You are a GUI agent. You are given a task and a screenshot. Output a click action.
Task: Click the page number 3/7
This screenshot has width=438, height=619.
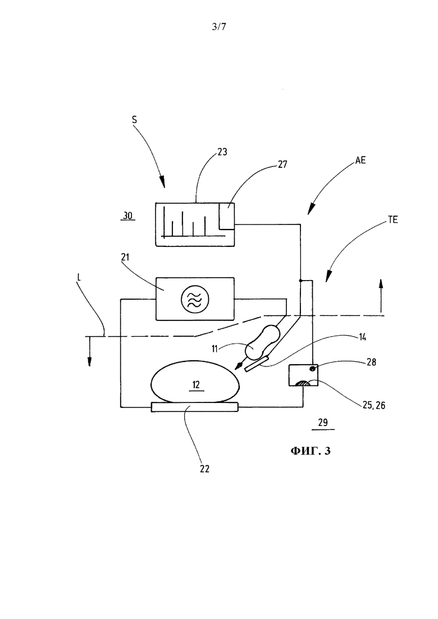pyautogui.click(x=219, y=26)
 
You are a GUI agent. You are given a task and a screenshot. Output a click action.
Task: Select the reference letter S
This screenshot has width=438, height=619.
pyautogui.click(x=134, y=119)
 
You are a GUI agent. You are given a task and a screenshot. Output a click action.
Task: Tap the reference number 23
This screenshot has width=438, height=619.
pyautogui.click(x=222, y=152)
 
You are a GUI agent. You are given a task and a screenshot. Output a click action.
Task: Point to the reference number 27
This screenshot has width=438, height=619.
pyautogui.click(x=282, y=164)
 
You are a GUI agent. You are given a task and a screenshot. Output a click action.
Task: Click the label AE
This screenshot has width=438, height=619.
pyautogui.click(x=361, y=160)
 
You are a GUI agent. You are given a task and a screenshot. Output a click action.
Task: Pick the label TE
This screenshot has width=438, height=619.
pyautogui.click(x=393, y=220)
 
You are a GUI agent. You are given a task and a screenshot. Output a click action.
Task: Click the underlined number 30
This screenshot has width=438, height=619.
pyautogui.click(x=127, y=216)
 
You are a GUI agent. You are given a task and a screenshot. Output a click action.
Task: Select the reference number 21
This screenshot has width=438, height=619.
pyautogui.click(x=125, y=258)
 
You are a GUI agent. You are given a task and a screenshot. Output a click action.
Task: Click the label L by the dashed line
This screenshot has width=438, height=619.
pyautogui.click(x=79, y=278)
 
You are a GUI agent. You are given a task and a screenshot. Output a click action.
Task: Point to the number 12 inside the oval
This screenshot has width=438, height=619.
pyautogui.click(x=197, y=384)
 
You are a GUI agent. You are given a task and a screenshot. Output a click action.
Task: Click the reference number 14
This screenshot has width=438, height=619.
pyautogui.click(x=362, y=337)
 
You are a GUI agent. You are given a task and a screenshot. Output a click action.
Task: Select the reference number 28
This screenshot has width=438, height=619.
pyautogui.click(x=371, y=361)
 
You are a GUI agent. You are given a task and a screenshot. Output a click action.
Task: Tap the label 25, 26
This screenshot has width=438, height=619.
pyautogui.click(x=373, y=405)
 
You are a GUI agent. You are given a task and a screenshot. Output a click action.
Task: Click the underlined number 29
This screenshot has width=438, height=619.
pyautogui.click(x=323, y=423)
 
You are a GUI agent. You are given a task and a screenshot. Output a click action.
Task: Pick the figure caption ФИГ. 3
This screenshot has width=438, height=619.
pyautogui.click(x=311, y=451)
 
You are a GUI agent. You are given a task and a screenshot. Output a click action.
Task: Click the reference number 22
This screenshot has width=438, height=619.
pyautogui.click(x=204, y=469)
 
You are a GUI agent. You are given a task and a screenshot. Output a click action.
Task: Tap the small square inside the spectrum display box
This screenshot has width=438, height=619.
pyautogui.click(x=227, y=215)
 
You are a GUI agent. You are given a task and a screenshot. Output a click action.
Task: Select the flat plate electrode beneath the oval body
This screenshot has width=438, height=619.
pyautogui.click(x=195, y=407)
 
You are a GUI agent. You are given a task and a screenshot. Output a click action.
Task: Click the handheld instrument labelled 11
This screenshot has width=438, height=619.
pyautogui.click(x=259, y=345)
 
